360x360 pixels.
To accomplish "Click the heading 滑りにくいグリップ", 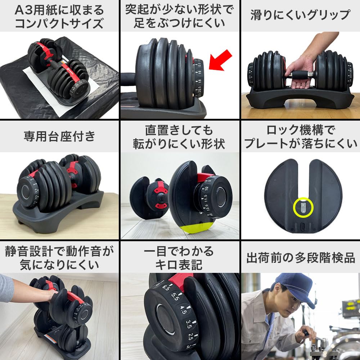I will point(300,15).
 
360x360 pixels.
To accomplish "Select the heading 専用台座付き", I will point(59,136).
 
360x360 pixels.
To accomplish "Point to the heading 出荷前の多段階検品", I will point(300,257).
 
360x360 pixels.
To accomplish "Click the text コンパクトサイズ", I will point(59,24).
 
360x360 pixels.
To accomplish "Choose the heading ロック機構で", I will point(300,130).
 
